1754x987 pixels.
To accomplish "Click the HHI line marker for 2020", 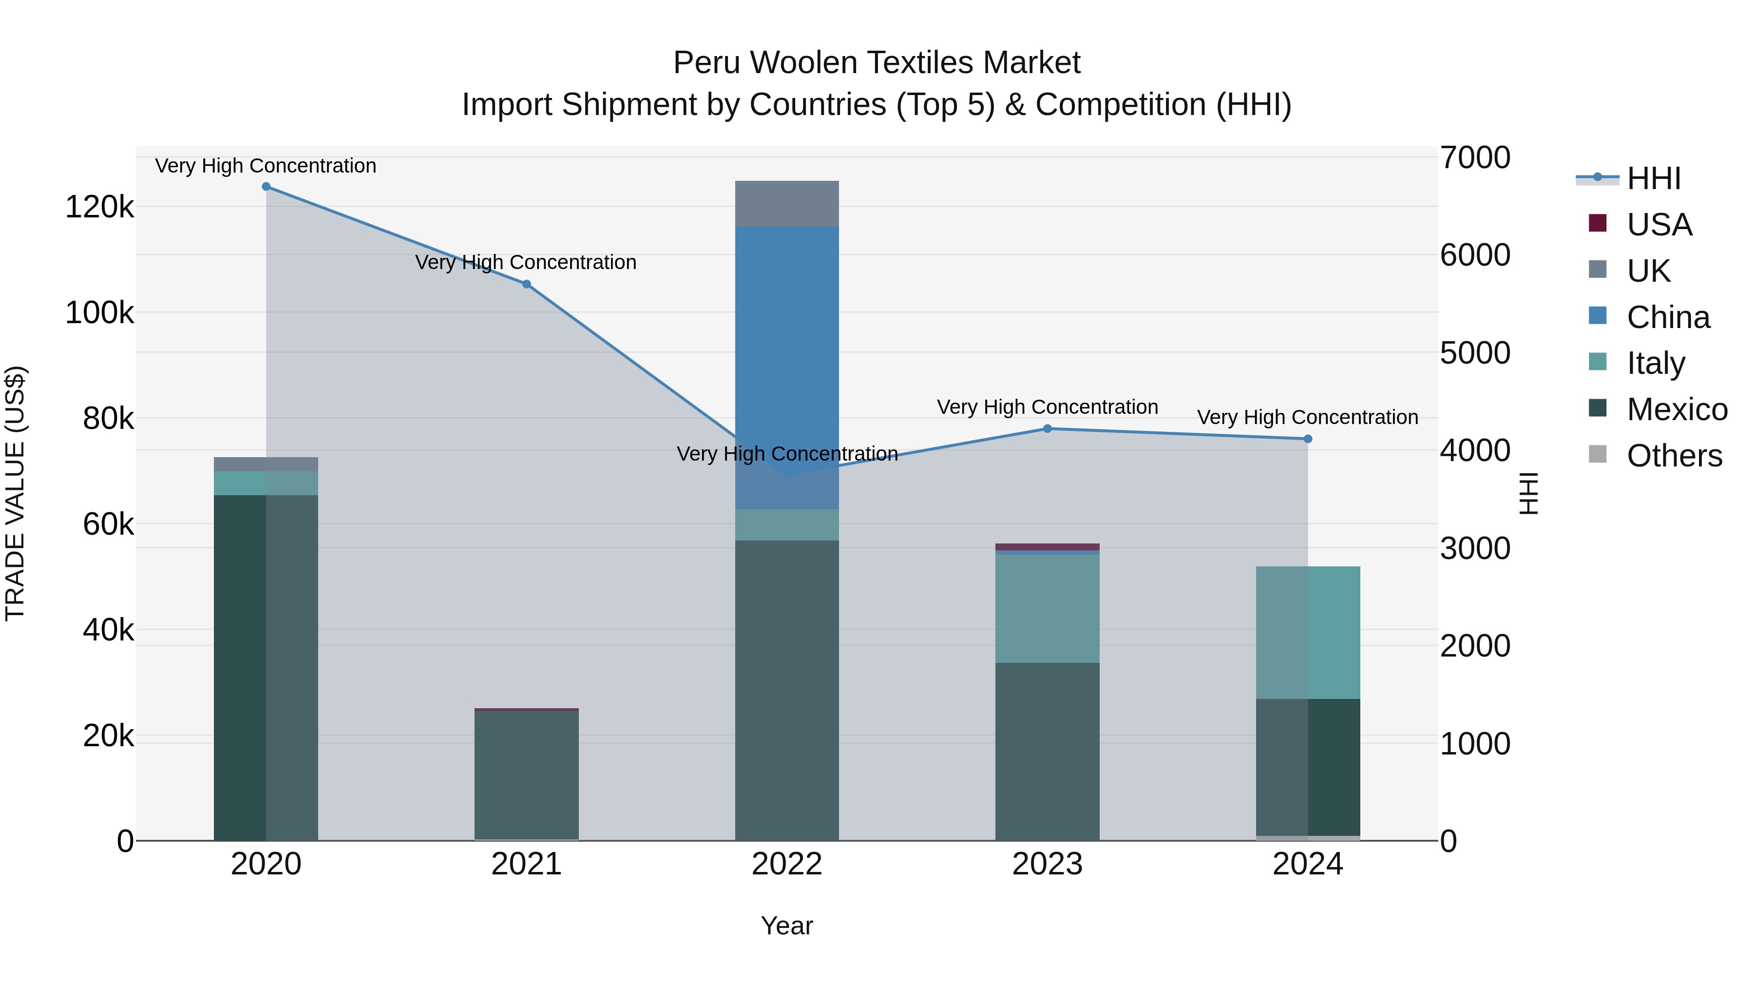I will pos(266,187).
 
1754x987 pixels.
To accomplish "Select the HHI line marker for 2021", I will pos(526,284).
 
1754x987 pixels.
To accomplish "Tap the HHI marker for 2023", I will pos(1047,428).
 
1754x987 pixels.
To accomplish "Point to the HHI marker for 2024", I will pos(1307,439).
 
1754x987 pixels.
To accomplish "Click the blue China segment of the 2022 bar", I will pos(787,341).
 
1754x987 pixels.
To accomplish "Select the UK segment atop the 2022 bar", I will pos(787,204).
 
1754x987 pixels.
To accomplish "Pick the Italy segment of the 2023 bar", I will pos(1047,608).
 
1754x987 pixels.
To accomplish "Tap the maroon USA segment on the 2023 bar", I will pos(1047,546).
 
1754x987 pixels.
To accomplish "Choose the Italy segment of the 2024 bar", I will pos(1307,632).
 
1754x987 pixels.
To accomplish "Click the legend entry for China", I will pos(1667,317).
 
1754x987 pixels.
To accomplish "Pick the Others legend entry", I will pos(1673,456).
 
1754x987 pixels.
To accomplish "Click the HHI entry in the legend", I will pos(1653,178).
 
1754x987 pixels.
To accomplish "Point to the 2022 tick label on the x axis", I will pos(787,864).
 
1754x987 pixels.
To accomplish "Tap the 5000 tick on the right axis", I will pos(1475,353).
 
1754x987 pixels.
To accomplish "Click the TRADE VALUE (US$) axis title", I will pos(16,493).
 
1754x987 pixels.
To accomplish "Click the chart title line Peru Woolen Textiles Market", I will pos(877,63).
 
